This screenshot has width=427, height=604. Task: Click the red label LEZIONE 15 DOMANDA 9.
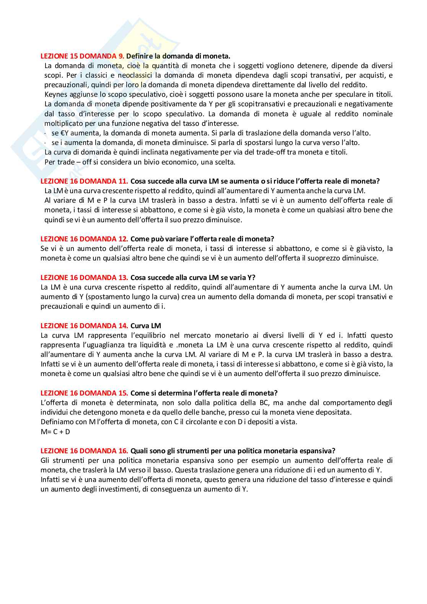click(83, 56)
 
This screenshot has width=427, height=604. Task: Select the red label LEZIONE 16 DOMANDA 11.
click(85, 181)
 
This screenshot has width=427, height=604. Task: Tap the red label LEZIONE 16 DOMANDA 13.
click(85, 277)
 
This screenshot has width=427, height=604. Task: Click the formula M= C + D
click(55, 431)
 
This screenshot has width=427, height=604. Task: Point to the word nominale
click(378, 114)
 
